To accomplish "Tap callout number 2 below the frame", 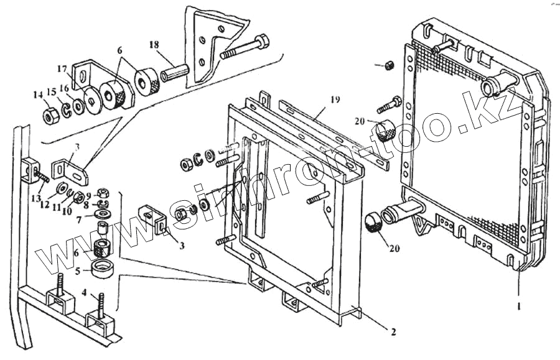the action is point(393,331).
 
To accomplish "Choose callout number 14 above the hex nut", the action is point(37,95).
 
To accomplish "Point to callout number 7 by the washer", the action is point(79,220).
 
